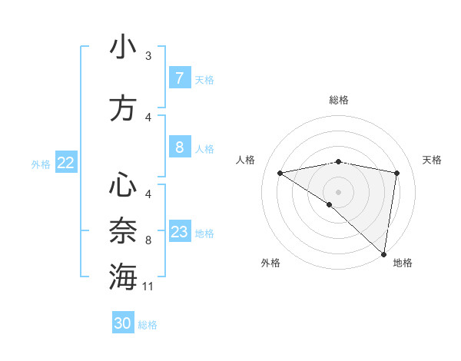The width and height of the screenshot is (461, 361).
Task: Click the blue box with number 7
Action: pyautogui.click(x=179, y=78)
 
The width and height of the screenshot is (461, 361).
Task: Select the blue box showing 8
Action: pyautogui.click(x=179, y=147)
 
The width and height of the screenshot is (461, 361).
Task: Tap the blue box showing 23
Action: pyautogui.click(x=179, y=231)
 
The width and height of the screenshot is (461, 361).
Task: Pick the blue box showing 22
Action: pyautogui.click(x=66, y=162)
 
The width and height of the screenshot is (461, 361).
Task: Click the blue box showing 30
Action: pyautogui.click(x=123, y=323)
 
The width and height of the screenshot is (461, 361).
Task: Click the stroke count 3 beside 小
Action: pyautogui.click(x=148, y=56)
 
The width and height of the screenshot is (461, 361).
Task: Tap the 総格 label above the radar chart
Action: pyautogui.click(x=338, y=100)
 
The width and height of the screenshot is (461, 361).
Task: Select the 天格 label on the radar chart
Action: pyautogui.click(x=433, y=160)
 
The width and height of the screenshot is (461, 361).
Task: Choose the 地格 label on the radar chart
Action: pyautogui.click(x=403, y=263)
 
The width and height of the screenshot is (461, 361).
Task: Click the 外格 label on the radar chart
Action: pyautogui.click(x=270, y=263)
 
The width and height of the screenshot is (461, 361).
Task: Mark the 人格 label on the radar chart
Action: pyautogui.click(x=246, y=160)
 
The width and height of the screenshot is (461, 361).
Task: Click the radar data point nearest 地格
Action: pyautogui.click(x=383, y=253)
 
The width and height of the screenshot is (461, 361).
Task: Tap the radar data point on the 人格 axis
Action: pyautogui.click(x=280, y=173)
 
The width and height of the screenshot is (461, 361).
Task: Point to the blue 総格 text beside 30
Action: pyautogui.click(x=148, y=325)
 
